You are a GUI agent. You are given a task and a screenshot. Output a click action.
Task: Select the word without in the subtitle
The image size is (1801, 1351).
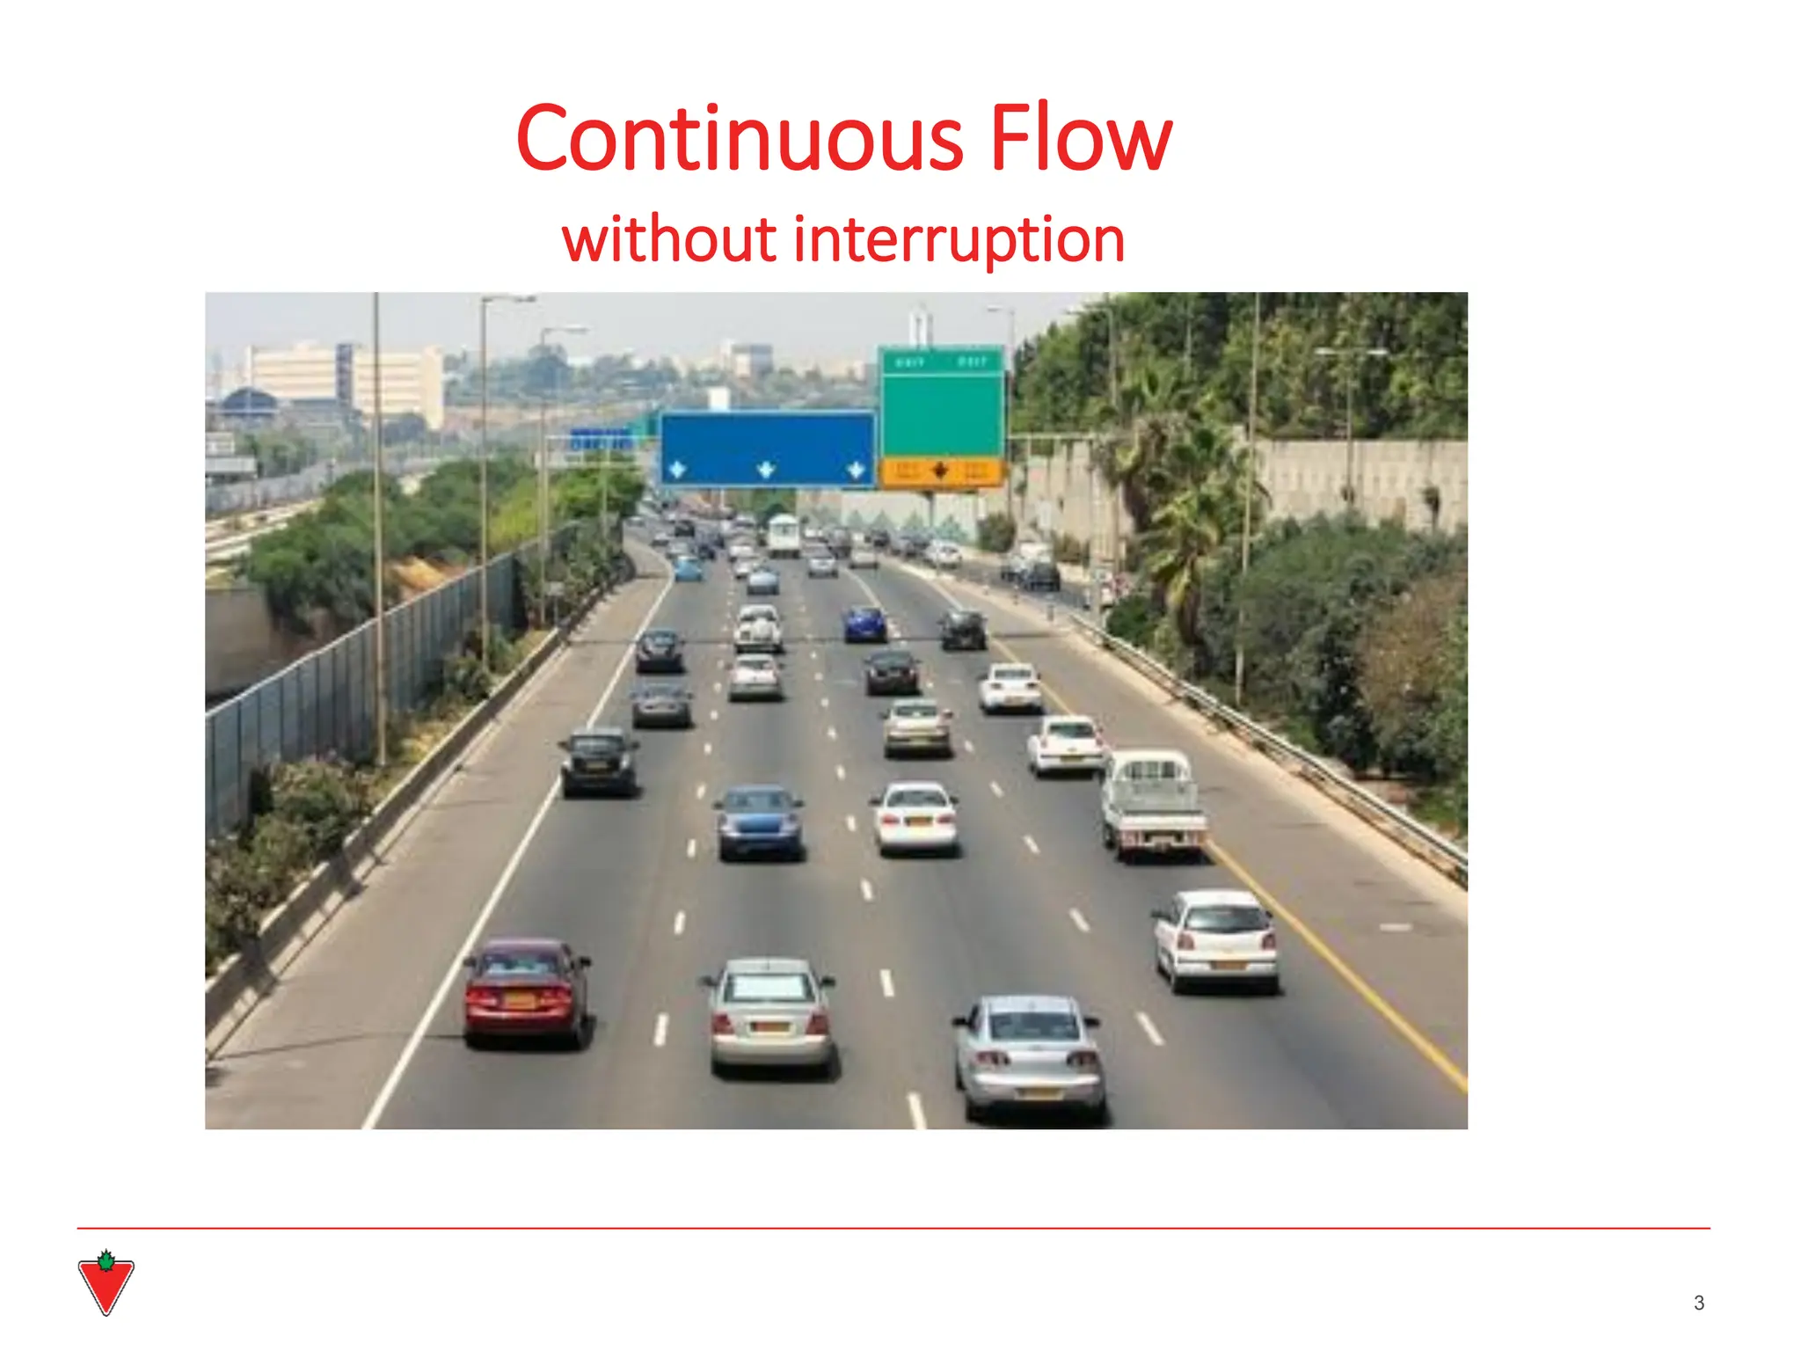tap(668, 239)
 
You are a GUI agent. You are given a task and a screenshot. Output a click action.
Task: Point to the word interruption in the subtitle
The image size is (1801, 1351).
tap(959, 239)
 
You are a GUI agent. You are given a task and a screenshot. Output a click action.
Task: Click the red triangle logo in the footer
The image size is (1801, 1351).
tap(106, 1284)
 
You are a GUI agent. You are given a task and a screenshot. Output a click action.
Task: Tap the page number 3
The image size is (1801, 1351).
tap(1699, 1303)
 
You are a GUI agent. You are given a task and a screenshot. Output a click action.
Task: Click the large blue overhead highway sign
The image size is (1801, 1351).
tap(767, 449)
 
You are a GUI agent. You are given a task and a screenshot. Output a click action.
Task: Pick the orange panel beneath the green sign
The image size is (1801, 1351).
tap(941, 471)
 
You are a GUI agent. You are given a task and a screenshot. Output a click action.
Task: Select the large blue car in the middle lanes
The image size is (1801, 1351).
tap(759, 822)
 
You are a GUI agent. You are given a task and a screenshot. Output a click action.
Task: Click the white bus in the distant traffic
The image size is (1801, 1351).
tap(783, 534)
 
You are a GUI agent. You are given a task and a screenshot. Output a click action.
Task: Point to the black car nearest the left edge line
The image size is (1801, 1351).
tap(600, 762)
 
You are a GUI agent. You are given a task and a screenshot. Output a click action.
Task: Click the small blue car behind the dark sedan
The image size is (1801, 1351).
tap(865, 624)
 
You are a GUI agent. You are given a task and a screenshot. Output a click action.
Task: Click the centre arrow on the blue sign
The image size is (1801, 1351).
tap(766, 469)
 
